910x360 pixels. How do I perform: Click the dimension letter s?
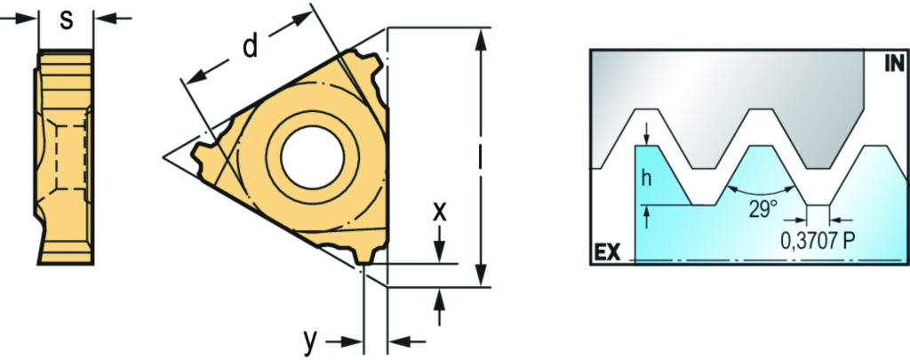click(x=68, y=20)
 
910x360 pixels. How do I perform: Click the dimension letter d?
click(x=250, y=46)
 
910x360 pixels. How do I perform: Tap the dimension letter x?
click(x=440, y=212)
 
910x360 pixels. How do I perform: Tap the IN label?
click(x=893, y=63)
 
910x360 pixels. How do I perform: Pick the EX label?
click(x=608, y=252)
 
